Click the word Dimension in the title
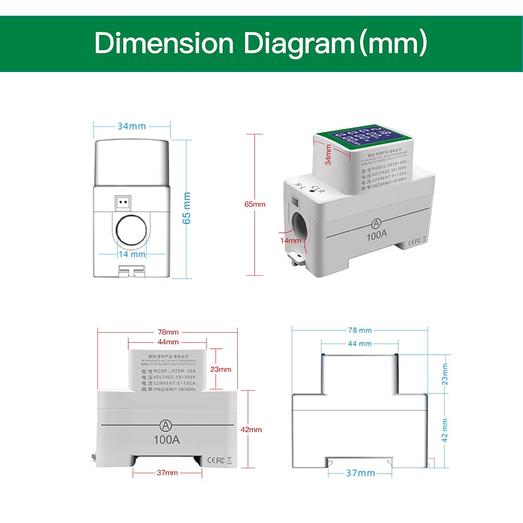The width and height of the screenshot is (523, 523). point(163,43)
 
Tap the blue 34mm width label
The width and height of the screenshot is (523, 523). point(131,126)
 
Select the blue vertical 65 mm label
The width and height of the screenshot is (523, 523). point(187,208)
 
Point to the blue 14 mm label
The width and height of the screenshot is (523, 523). point(131,254)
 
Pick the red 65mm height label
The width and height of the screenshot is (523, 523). point(255,204)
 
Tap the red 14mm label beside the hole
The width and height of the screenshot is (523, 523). point(291,240)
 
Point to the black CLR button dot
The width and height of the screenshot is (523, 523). point(312,192)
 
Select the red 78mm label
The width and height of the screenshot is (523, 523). point(168,332)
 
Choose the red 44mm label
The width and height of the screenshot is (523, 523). point(168,342)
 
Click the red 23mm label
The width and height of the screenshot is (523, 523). point(220,369)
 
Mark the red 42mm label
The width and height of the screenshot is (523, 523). point(251,429)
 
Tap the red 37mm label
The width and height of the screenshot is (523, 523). point(167,472)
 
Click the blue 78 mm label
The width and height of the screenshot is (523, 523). point(360,330)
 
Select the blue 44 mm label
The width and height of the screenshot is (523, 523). point(360,344)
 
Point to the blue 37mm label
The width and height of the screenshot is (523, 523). point(361,473)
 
